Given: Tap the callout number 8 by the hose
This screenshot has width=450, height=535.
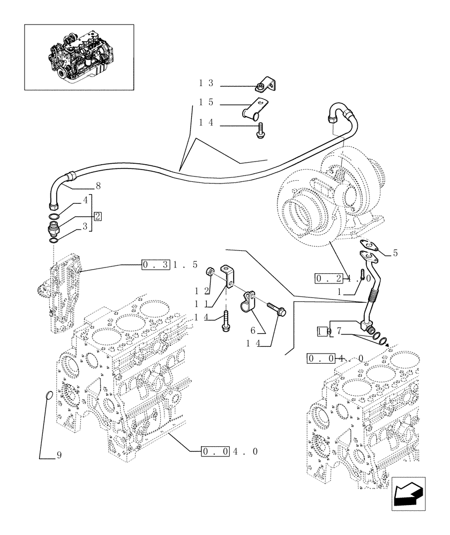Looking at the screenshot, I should pyautogui.click(x=98, y=187).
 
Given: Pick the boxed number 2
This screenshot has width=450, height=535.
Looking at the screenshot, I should pyautogui.click(x=97, y=216).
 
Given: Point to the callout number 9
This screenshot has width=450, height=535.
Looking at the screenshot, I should pyautogui.click(x=59, y=456).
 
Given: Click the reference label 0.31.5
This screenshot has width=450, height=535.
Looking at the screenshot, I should pyautogui.click(x=170, y=264).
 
